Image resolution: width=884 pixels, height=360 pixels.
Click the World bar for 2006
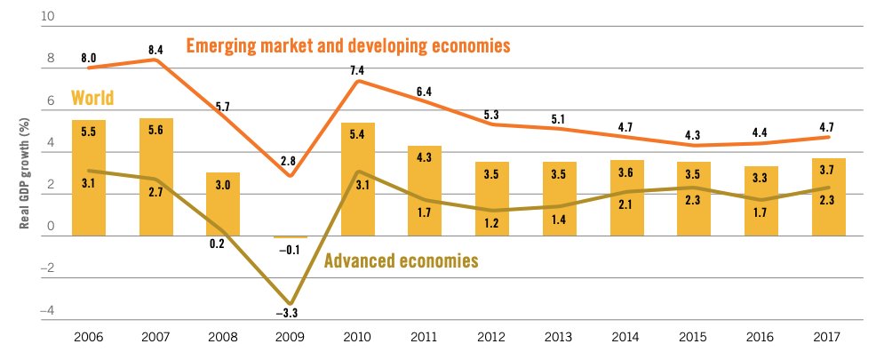point(89,178)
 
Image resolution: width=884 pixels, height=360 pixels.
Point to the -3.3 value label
point(292,313)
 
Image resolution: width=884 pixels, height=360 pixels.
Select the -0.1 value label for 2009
point(292,249)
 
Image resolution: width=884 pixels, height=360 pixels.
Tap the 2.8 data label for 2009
point(292,162)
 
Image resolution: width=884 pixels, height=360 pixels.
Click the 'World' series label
point(92,98)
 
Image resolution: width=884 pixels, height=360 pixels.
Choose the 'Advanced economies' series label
point(402,261)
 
